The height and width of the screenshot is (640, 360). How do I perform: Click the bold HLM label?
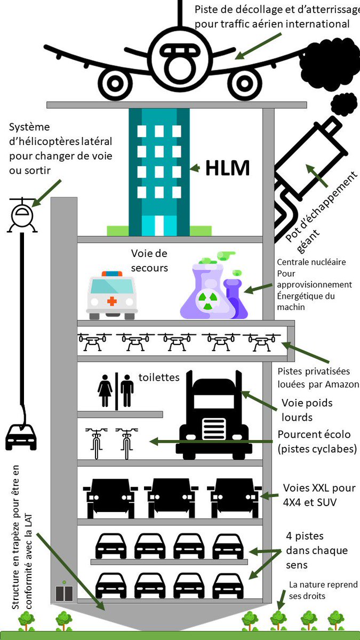[x=227, y=168]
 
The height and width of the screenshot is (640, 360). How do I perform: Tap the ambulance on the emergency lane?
[x=112, y=295]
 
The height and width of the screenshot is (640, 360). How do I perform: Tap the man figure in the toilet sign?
[x=127, y=391]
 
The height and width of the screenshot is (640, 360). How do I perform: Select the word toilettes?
[x=159, y=378]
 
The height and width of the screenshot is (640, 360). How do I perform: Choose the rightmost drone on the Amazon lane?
[x=262, y=342]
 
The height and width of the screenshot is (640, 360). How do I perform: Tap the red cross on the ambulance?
[x=111, y=301]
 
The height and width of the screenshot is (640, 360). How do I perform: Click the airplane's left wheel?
[x=114, y=83]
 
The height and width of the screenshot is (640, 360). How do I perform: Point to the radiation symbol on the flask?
[x=206, y=302]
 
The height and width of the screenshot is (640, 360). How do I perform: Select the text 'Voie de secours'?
[x=149, y=260]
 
